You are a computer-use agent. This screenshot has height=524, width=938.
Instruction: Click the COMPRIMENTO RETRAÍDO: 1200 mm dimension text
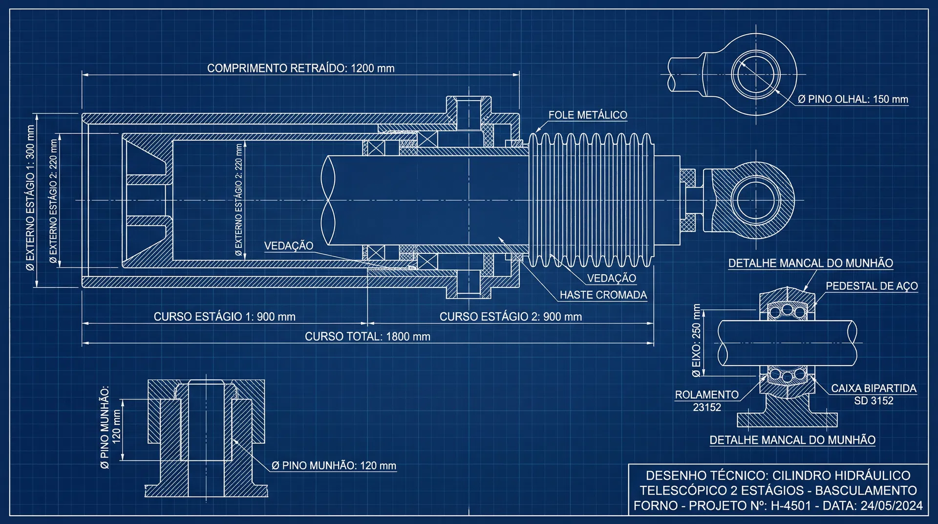(301, 68)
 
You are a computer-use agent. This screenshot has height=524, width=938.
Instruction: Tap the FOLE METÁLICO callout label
(588, 115)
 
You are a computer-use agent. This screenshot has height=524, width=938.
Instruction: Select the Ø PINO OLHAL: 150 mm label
(853, 99)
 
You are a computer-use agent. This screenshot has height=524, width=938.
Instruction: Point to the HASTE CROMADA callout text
(603, 295)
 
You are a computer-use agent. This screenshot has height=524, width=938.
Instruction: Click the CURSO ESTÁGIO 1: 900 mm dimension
(225, 317)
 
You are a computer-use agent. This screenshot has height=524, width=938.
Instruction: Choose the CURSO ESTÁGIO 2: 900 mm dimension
(511, 317)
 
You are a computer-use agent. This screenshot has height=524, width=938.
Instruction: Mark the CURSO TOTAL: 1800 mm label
(368, 337)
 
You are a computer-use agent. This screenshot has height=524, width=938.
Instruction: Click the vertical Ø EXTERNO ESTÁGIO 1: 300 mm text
(30, 198)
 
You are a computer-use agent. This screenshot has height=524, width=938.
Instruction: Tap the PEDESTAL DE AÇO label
(872, 286)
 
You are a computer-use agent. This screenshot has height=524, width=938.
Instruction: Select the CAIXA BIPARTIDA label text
(874, 388)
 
